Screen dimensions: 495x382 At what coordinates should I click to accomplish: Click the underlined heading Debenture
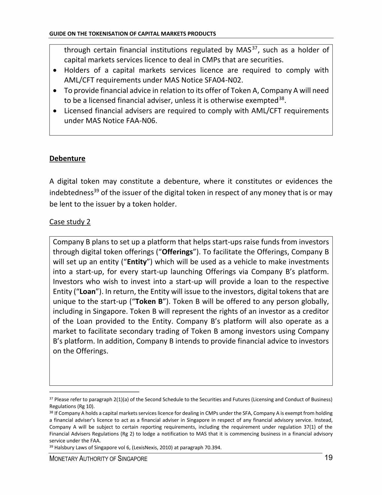tap(67, 159)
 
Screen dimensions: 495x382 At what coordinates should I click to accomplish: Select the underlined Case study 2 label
tap(70, 222)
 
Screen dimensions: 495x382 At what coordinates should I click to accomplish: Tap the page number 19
tap(328, 458)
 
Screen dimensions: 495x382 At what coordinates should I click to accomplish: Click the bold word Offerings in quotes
tap(177, 252)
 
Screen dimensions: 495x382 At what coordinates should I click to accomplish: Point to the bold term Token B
tap(149, 302)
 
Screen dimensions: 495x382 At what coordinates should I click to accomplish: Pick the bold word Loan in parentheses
tap(88, 292)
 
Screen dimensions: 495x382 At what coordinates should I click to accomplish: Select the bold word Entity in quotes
tap(137, 262)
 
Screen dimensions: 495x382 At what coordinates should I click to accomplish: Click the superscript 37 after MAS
tap(255, 48)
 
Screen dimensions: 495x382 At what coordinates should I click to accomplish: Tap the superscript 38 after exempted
tap(282, 98)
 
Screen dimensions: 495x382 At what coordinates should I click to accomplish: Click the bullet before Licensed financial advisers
tap(55, 111)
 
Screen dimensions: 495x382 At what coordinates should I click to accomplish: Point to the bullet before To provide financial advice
tap(55, 91)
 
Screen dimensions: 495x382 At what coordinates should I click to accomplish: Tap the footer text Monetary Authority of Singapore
tap(98, 459)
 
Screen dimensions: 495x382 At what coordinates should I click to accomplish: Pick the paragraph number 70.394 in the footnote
tap(212, 448)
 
